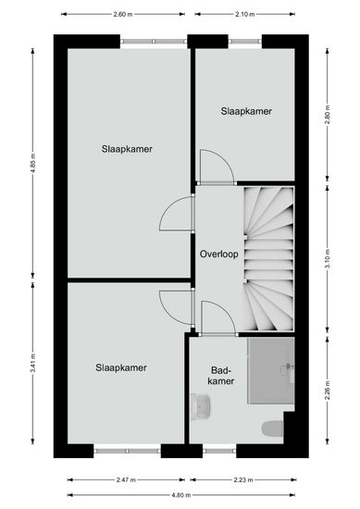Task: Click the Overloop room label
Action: point(218,254)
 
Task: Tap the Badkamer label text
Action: point(221,376)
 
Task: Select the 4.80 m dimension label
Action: point(181,495)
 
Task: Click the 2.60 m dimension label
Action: point(123,14)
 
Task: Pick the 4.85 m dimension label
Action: point(32,164)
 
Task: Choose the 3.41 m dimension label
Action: point(32,364)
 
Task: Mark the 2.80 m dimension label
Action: point(328,116)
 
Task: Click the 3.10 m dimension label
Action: point(328,259)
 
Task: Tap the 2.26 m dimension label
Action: point(328,391)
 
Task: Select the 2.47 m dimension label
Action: point(126,480)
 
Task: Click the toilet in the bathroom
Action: point(273,428)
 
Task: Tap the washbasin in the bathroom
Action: point(201,407)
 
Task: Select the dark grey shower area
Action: point(271,371)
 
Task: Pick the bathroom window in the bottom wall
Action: point(219,451)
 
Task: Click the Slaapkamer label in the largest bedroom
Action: point(127,149)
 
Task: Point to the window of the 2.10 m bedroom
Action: point(245,42)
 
